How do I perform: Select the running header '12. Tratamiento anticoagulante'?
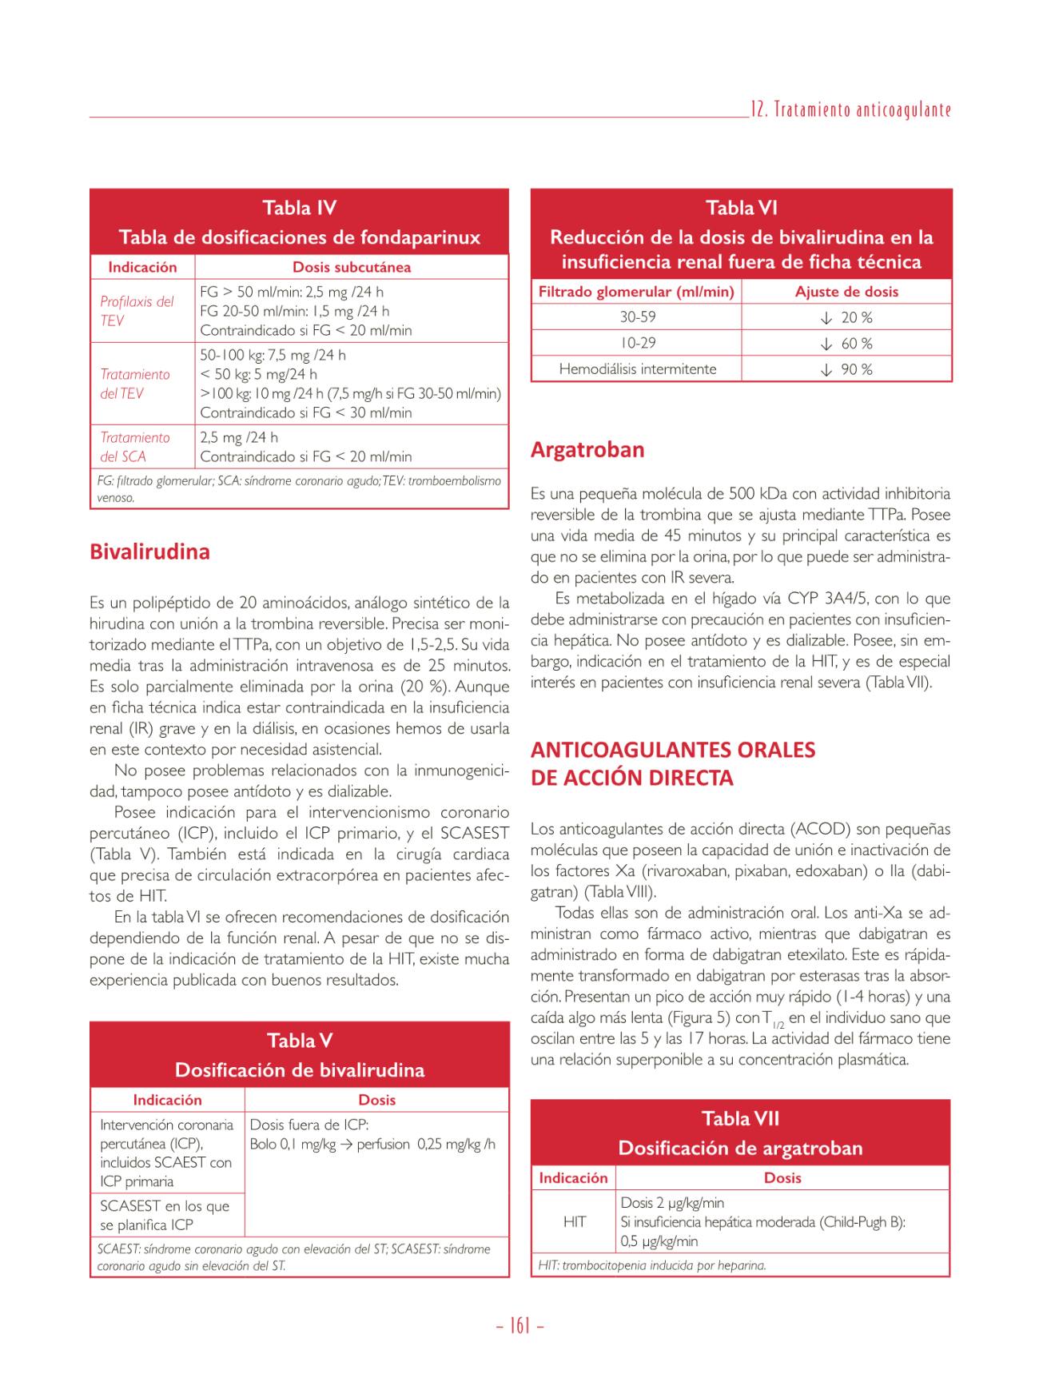pyautogui.click(x=850, y=110)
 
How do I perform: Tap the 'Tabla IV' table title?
pyautogui.click(x=299, y=208)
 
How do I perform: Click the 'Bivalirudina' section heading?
pyautogui.click(x=149, y=552)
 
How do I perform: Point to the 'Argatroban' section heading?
pyautogui.click(x=587, y=449)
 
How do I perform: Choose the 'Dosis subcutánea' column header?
pyautogui.click(x=352, y=267)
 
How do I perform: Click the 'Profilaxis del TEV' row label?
pyautogui.click(x=137, y=311)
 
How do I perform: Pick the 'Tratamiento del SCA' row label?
pyautogui.click(x=135, y=447)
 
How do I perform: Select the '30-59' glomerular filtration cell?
pyautogui.click(x=637, y=317)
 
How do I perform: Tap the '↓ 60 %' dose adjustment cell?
pyautogui.click(x=846, y=344)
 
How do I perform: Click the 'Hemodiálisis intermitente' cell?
pyautogui.click(x=637, y=369)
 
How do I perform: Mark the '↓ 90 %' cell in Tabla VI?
pyautogui.click(x=846, y=369)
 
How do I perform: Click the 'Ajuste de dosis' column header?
pyautogui.click(x=846, y=292)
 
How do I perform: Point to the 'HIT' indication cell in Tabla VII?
pyautogui.click(x=574, y=1221)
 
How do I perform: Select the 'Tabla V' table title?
pyautogui.click(x=299, y=1041)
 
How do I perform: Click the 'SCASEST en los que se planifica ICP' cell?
pyautogui.click(x=165, y=1215)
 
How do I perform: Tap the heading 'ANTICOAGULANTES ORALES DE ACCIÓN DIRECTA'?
pyautogui.click(x=673, y=763)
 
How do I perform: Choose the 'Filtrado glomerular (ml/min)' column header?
pyautogui.click(x=636, y=292)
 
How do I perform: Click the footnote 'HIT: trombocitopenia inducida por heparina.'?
pyautogui.click(x=652, y=1265)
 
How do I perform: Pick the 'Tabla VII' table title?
pyautogui.click(x=740, y=1118)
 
